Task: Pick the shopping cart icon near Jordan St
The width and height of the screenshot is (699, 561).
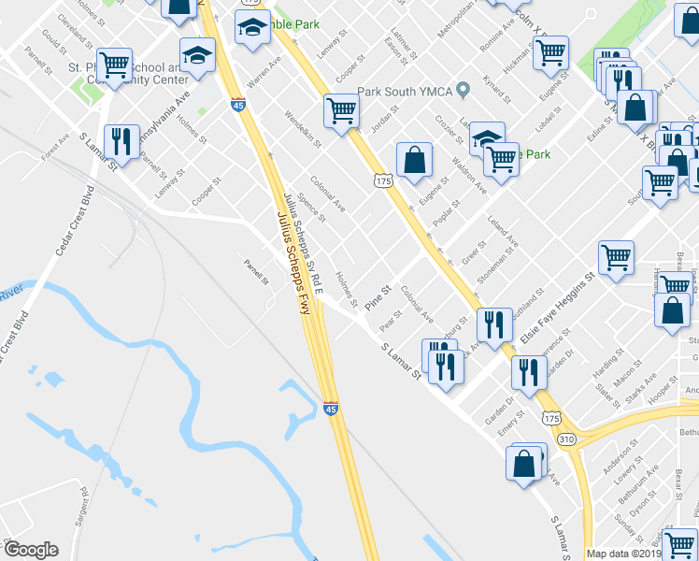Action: [342, 110]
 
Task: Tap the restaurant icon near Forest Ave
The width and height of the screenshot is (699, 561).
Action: [121, 140]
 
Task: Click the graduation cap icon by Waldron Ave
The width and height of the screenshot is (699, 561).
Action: [485, 138]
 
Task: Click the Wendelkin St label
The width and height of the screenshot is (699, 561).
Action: [302, 131]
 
